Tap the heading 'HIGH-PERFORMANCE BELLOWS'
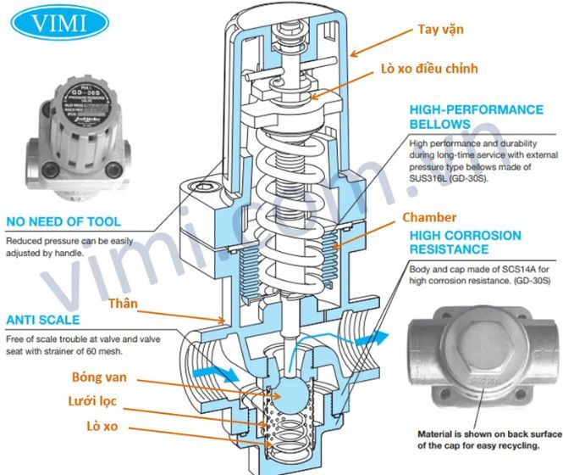pyautogui.click(x=476, y=117)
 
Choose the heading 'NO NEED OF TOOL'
pyautogui.click(x=63, y=222)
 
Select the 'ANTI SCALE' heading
pyautogui.click(x=42, y=320)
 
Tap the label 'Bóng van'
pyautogui.click(x=94, y=377)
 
